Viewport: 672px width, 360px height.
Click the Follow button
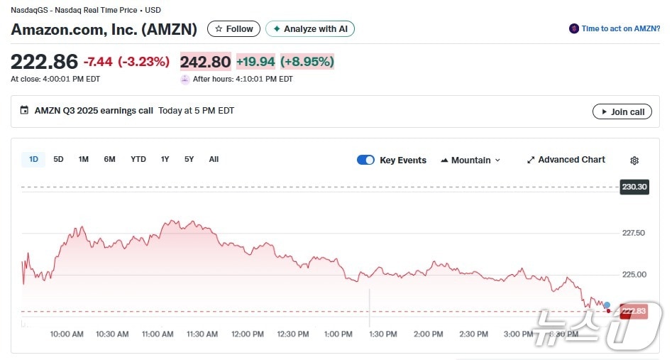click(233, 29)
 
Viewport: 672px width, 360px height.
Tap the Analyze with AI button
click(310, 29)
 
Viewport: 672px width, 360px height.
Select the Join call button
click(622, 111)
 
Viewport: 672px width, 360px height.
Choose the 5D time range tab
click(58, 160)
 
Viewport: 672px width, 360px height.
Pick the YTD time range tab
click(138, 160)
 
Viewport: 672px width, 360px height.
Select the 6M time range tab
click(109, 160)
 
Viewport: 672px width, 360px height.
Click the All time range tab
click(214, 160)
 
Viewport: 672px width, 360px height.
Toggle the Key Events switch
click(365, 160)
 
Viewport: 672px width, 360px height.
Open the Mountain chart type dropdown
click(470, 160)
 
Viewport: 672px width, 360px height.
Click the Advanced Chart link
click(566, 160)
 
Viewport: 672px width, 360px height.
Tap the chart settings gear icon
click(634, 160)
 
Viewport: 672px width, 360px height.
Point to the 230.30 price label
click(634, 187)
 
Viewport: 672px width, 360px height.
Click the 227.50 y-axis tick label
click(633, 233)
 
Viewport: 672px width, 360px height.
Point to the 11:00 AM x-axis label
click(158, 334)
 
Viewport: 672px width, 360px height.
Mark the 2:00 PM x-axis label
click(428, 334)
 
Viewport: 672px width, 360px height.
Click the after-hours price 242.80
click(205, 62)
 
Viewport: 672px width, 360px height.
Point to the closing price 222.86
click(44, 62)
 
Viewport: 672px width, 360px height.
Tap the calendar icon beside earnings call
click(25, 111)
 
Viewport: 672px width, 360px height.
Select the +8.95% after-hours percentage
click(307, 62)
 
